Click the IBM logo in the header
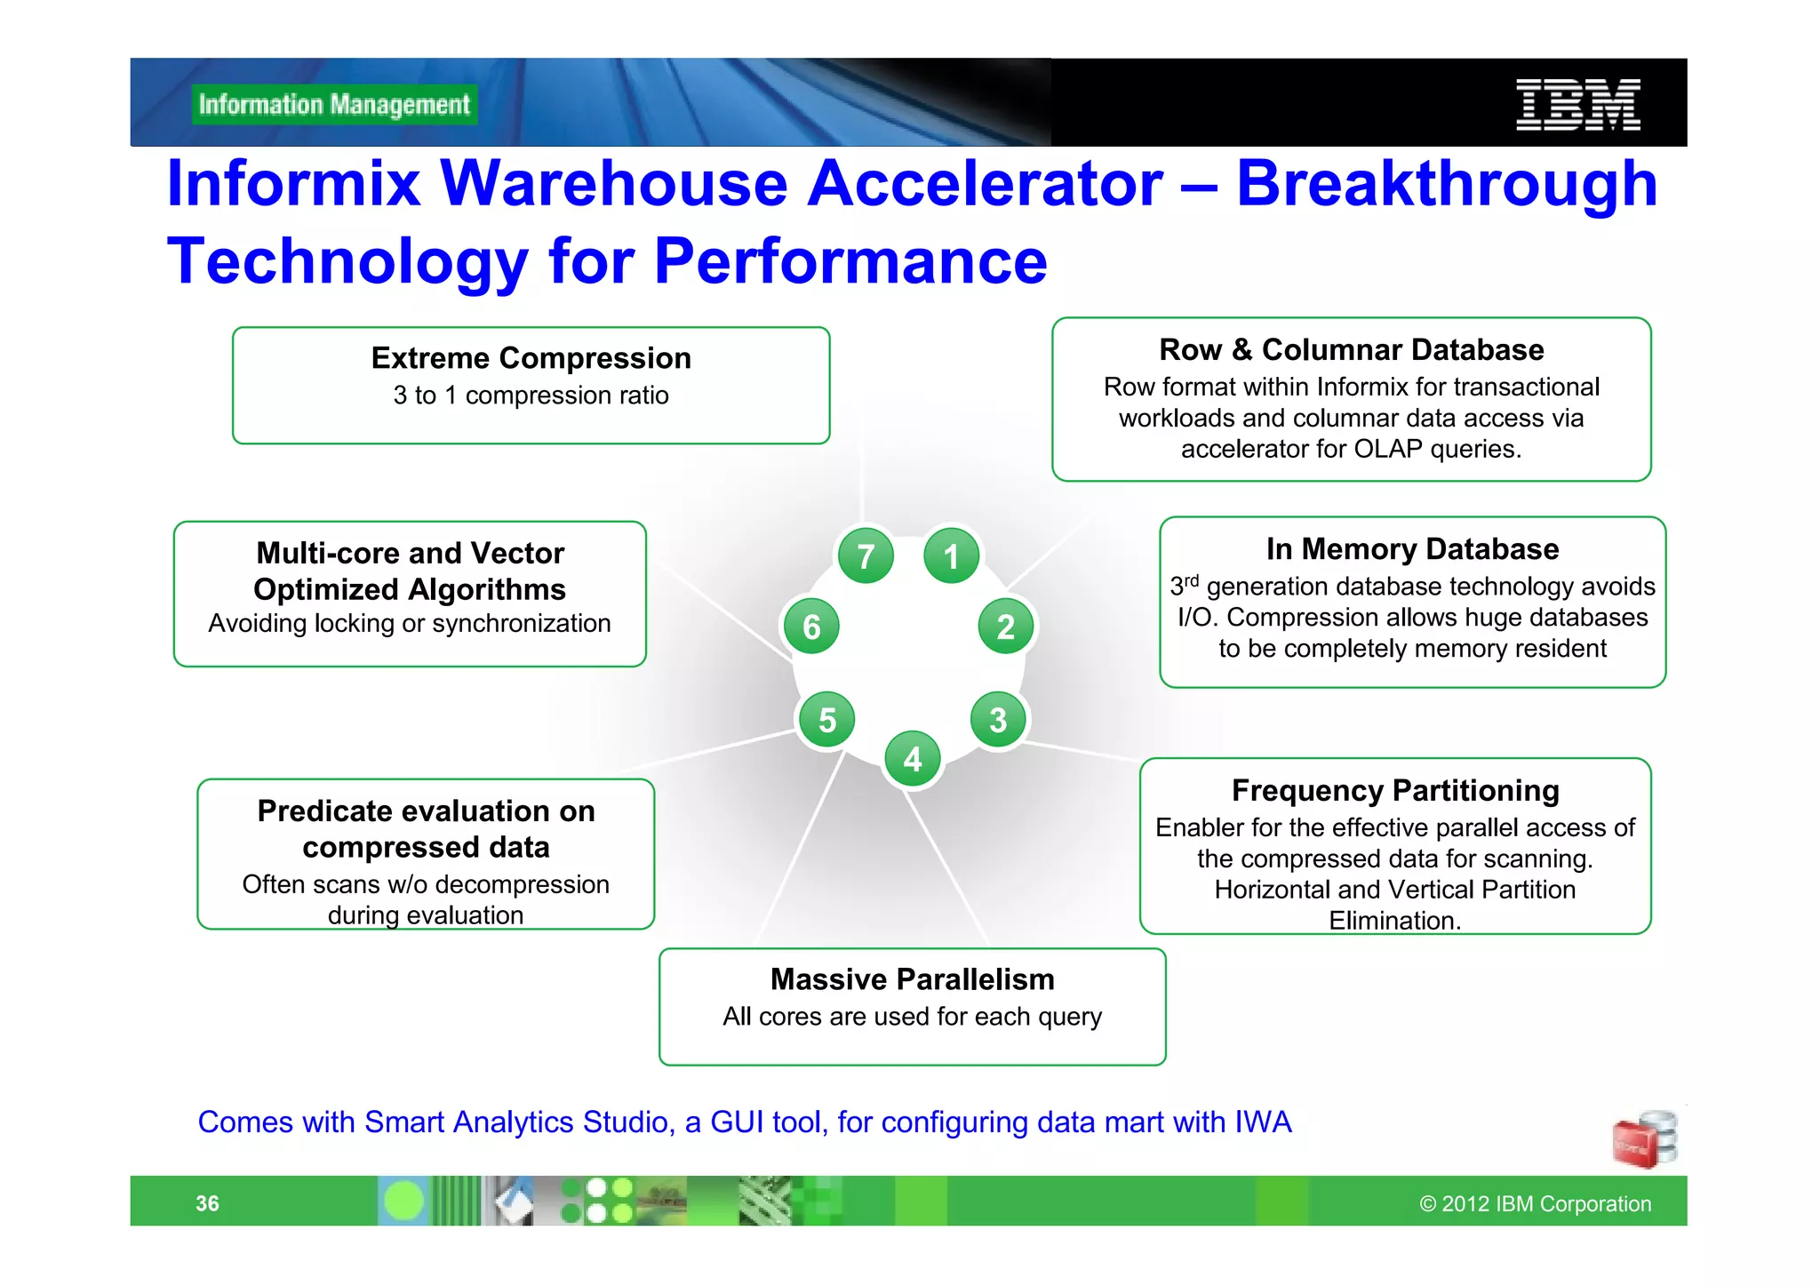tap(1577, 105)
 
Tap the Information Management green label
tap(334, 105)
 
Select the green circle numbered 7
tap(866, 556)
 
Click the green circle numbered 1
tap(951, 556)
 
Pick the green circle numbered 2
tap(1005, 627)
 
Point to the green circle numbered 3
tap(998, 720)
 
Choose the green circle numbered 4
tap(913, 759)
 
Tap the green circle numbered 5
tap(827, 720)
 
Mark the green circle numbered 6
tap(811, 627)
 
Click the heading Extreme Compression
tap(531, 358)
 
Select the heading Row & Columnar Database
tap(1351, 350)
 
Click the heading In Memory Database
tap(1412, 549)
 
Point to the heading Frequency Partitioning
tap(1395, 790)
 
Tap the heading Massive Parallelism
tap(912, 979)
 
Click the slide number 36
tap(207, 1203)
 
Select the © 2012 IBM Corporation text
tap(1535, 1203)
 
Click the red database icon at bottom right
tap(1644, 1139)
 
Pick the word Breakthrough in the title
tap(1446, 185)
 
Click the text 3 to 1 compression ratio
tap(531, 395)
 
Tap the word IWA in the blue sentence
tap(1263, 1122)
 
